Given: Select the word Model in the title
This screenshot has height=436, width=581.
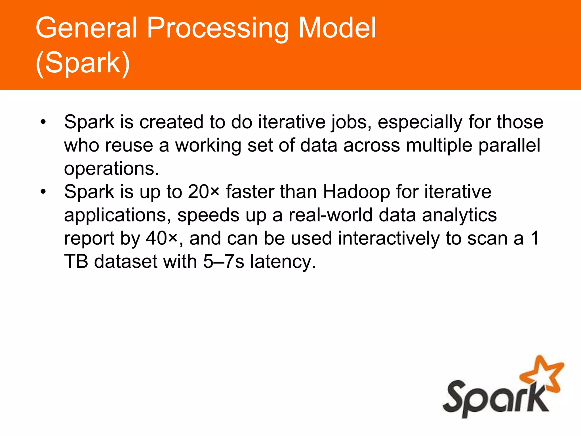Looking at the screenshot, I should pos(337,28).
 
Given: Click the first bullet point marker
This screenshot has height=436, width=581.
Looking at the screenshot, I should pos(43,122).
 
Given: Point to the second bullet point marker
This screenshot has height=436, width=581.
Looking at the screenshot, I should pos(43,192).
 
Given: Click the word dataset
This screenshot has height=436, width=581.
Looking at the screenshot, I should pos(125,262).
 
